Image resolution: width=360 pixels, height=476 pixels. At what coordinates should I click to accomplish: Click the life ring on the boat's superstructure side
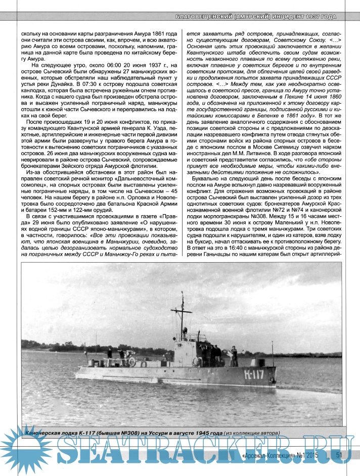pyautogui.click(x=132, y=361)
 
